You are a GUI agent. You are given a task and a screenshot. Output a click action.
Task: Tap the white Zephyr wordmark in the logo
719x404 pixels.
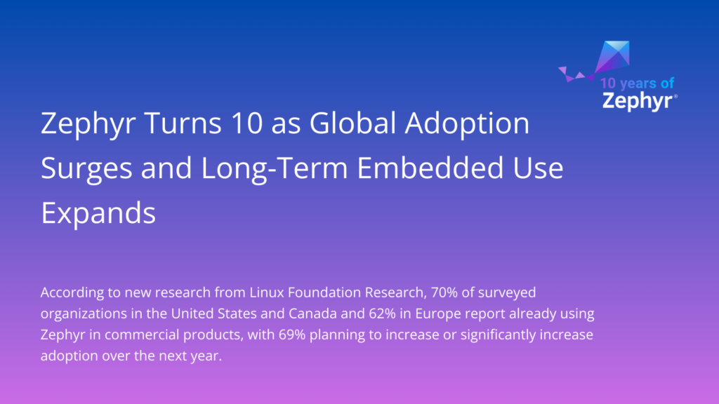(x=637, y=101)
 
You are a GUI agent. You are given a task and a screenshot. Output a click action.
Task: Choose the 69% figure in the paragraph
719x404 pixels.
(x=323, y=335)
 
